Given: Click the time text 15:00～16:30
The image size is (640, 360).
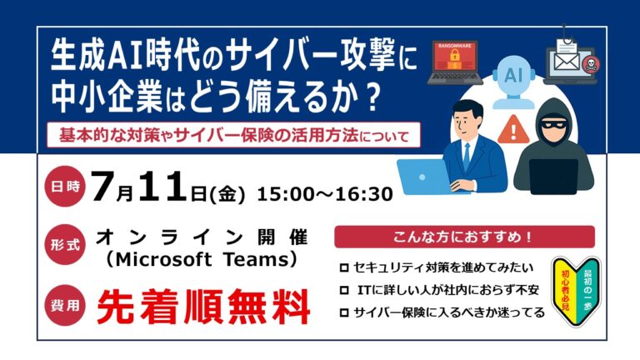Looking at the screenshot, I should pyautogui.click(x=325, y=194).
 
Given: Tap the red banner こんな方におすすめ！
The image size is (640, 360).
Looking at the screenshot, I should pyautogui.click(x=440, y=237).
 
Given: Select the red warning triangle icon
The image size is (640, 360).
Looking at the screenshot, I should pyautogui.click(x=514, y=131).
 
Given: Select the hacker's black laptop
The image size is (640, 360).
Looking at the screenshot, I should pyautogui.click(x=553, y=175).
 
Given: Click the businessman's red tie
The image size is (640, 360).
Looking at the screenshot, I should pyautogui.click(x=467, y=154).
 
